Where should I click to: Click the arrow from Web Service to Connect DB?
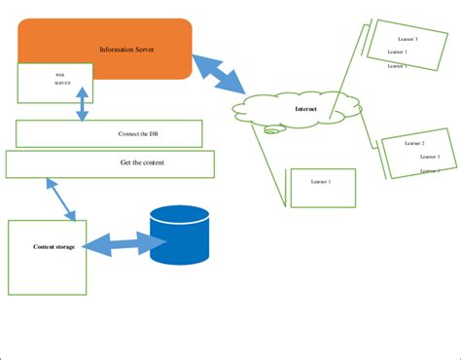(82, 102)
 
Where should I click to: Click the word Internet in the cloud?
(305, 109)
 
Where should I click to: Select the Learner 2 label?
(414, 143)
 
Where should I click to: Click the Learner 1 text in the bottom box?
(321, 182)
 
